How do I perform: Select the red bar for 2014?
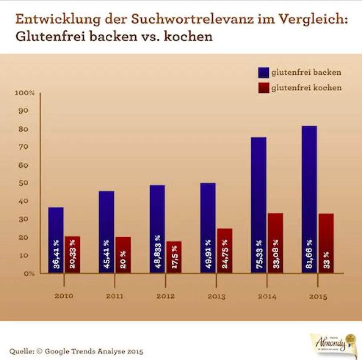click(x=275, y=243)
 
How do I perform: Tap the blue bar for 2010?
click(x=56, y=240)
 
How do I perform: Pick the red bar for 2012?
click(x=174, y=257)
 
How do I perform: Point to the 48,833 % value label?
click(x=157, y=255)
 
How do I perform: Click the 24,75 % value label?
click(x=225, y=254)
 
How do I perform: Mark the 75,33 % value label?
click(x=259, y=255)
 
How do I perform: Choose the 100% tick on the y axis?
click(x=25, y=93)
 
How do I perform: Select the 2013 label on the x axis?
click(x=217, y=296)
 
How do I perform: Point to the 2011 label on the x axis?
click(x=115, y=296)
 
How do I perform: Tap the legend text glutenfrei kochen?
click(x=306, y=88)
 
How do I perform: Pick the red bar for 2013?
click(x=225, y=250)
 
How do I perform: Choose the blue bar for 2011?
click(x=107, y=232)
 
